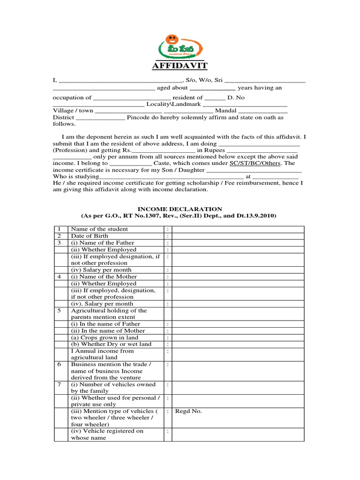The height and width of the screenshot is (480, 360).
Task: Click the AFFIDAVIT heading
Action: (180, 65)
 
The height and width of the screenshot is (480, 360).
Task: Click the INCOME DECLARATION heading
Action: (180, 209)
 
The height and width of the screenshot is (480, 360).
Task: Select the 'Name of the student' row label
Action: (99, 229)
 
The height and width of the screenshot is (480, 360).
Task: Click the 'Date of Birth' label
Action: (90, 236)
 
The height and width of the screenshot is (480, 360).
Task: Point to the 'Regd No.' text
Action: (188, 411)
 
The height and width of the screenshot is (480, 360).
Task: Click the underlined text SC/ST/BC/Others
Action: (255, 163)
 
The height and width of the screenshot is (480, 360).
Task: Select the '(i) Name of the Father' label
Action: (102, 243)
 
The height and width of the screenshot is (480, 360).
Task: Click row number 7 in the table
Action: (60, 384)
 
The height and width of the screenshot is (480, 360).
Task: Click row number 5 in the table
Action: (60, 310)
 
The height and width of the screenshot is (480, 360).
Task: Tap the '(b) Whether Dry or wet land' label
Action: (111, 344)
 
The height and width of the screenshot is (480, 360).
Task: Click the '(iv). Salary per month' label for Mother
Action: (102, 304)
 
